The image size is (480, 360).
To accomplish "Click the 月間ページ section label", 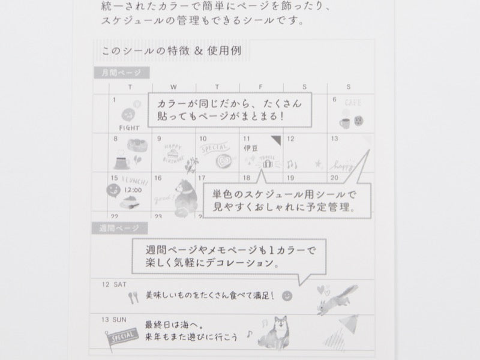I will pyautogui.click(x=120, y=73).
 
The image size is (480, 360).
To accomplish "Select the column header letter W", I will pyautogui.click(x=174, y=88).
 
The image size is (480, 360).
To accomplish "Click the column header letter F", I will pyautogui.click(x=262, y=88).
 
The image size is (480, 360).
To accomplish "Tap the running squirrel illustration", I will pyautogui.click(x=338, y=298).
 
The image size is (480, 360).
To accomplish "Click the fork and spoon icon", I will pyautogui.click(x=133, y=296).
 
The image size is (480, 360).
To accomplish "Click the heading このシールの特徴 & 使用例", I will pyautogui.click(x=172, y=51).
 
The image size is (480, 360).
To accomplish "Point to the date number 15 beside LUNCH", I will pyautogui.click(x=114, y=178).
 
